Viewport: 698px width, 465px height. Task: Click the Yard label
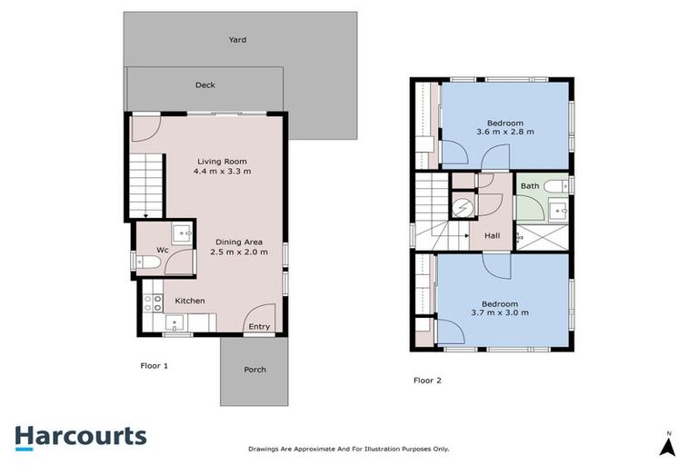[x=237, y=40]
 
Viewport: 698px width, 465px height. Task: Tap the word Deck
[x=204, y=85]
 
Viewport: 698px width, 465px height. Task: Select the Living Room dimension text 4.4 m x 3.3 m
[x=223, y=171]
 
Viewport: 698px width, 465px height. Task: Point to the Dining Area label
[x=239, y=242]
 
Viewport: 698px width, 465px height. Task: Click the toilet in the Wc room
[x=148, y=262]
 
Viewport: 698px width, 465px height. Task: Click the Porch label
[x=255, y=370]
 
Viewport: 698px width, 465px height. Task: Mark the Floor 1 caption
[x=154, y=365]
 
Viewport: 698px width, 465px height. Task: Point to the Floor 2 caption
[x=427, y=380]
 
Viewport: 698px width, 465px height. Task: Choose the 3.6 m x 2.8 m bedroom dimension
[x=504, y=133]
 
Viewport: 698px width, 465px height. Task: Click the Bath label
[x=529, y=186]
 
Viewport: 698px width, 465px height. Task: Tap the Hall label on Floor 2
[x=492, y=236]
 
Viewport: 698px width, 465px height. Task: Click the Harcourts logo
[x=80, y=436]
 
